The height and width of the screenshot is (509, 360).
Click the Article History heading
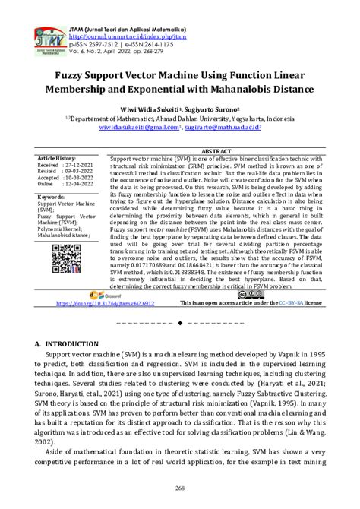point(58,157)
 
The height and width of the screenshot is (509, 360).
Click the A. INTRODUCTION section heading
point(71,343)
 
